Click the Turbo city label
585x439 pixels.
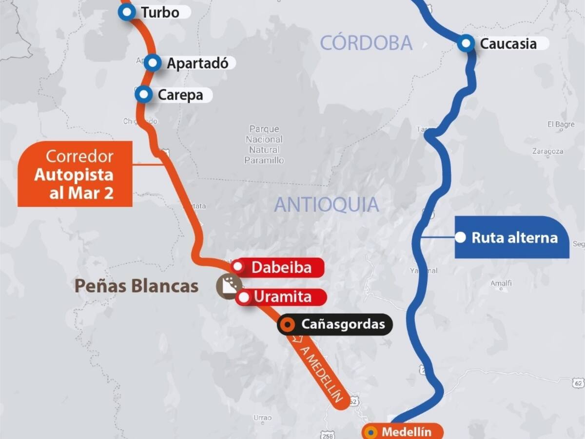click(x=160, y=13)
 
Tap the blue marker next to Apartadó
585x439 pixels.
click(x=153, y=63)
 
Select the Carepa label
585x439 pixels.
click(x=180, y=95)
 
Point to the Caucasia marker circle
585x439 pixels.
click(x=467, y=44)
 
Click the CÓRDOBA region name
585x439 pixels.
click(x=366, y=43)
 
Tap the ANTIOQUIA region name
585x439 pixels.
click(x=327, y=204)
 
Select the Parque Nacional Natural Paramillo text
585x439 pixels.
click(x=265, y=144)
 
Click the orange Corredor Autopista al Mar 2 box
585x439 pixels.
click(x=75, y=174)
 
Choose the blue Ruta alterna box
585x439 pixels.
click(x=512, y=238)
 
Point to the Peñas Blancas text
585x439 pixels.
click(x=136, y=286)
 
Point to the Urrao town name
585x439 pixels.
click(x=262, y=418)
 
